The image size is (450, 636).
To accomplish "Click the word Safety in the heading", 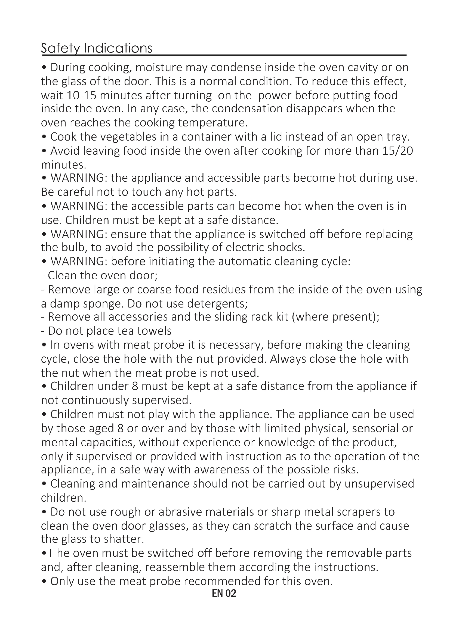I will [60, 48].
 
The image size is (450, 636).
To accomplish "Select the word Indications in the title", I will [118, 48].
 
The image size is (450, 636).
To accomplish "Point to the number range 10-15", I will [81, 95].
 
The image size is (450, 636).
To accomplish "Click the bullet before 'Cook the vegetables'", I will [44, 137].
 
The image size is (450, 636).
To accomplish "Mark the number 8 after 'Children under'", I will [135, 386].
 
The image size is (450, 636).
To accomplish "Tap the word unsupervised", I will [379, 484].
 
